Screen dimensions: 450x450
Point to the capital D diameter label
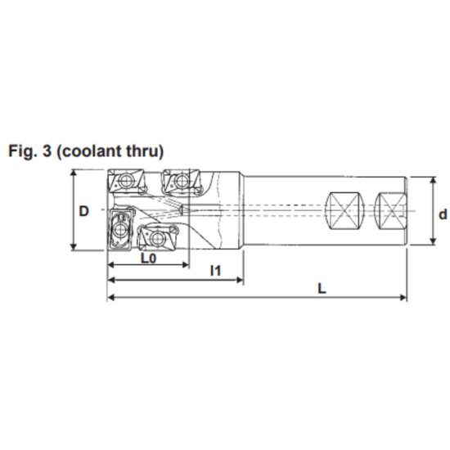tap(84, 210)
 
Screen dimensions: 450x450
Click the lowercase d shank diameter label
tap(442, 214)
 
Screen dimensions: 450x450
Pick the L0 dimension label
tap(148, 259)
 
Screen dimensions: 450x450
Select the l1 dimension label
tap(216, 269)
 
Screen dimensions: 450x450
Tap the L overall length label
tap(322, 288)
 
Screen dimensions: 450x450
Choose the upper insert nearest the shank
tap(181, 180)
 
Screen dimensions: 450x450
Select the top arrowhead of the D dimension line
tap(74, 173)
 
